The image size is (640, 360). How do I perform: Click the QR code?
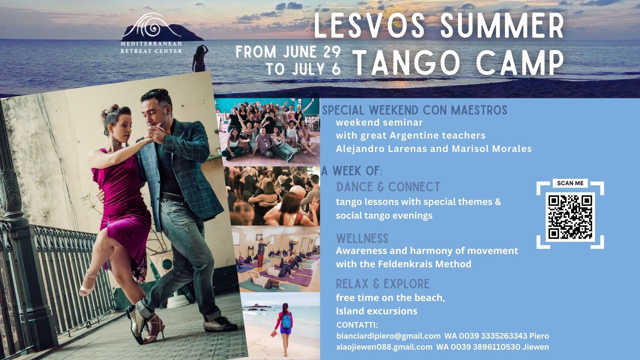570,217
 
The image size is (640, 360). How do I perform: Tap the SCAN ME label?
570,183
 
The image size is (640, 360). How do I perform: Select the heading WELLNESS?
362,239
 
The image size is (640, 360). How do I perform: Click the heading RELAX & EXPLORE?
383,284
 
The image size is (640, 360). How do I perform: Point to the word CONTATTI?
357,325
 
